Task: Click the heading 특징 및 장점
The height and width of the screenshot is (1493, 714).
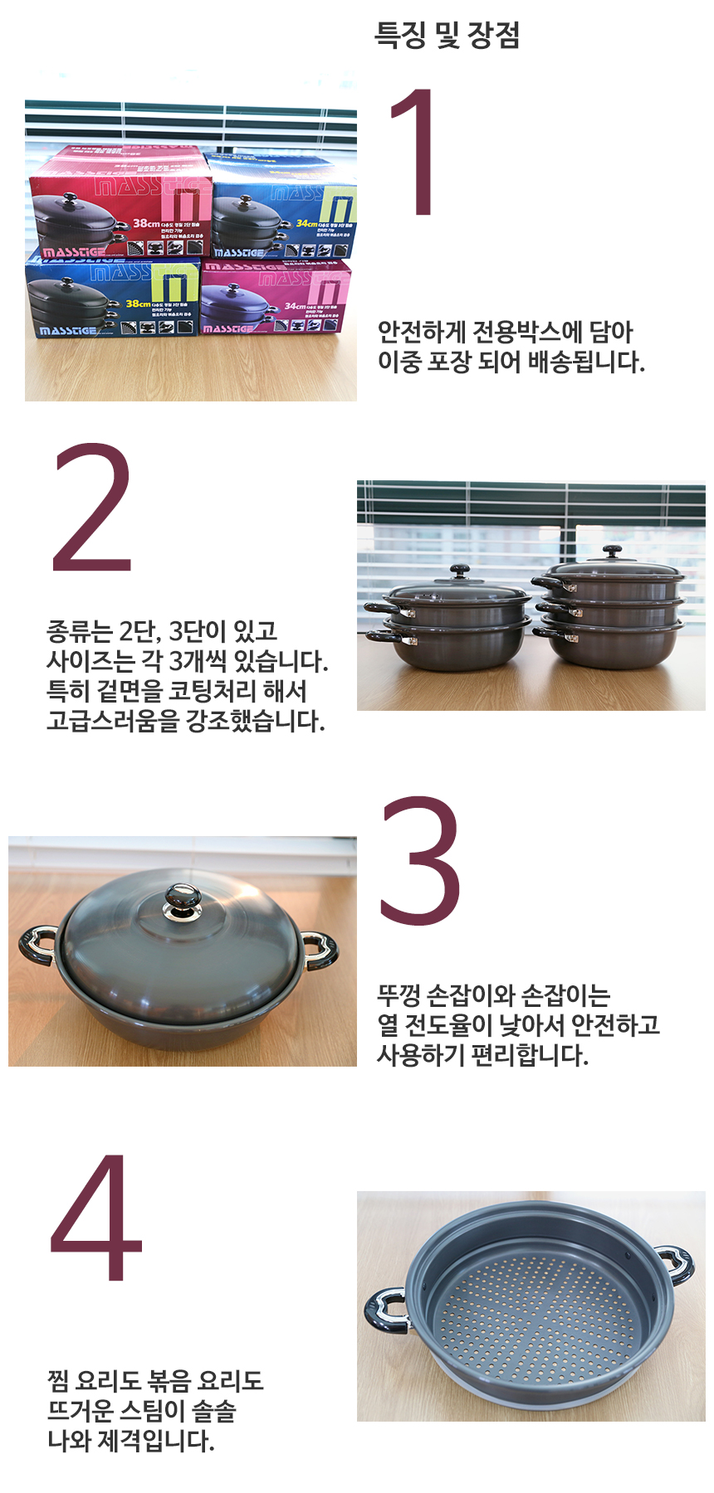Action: click(x=447, y=36)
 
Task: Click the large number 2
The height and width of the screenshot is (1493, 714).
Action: click(x=92, y=509)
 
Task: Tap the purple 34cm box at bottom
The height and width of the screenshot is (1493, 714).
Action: click(x=274, y=299)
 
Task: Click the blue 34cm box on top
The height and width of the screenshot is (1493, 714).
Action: click(x=282, y=207)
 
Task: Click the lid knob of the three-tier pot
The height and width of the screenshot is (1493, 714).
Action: click(x=613, y=552)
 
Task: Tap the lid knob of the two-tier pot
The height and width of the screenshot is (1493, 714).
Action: click(x=459, y=572)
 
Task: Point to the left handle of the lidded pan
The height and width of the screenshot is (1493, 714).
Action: click(x=37, y=945)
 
